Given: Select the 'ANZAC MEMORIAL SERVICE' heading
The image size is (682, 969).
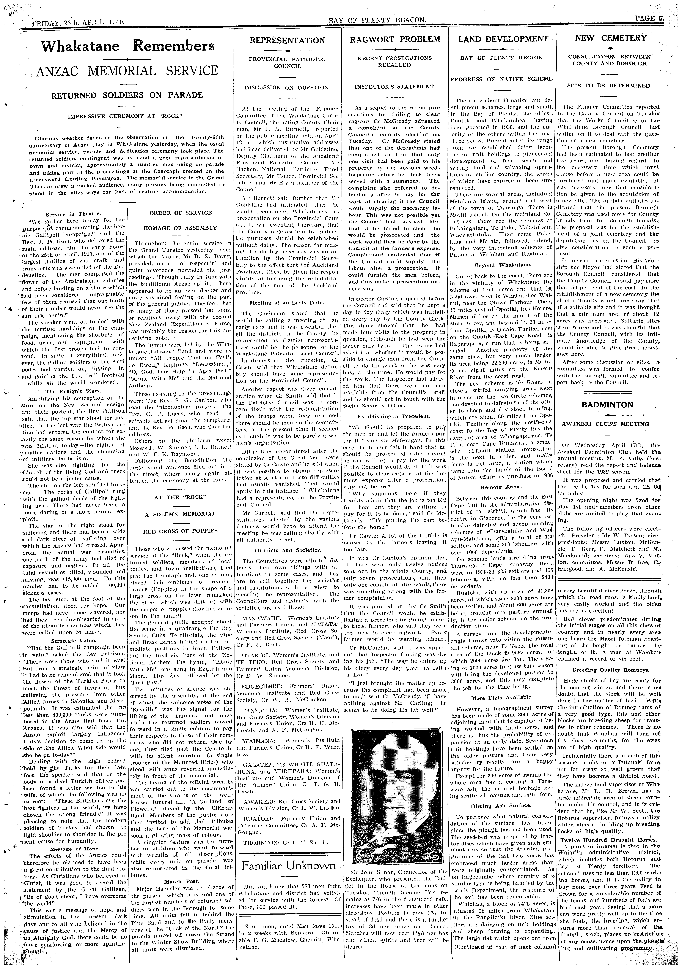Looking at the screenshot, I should point(127,70).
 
